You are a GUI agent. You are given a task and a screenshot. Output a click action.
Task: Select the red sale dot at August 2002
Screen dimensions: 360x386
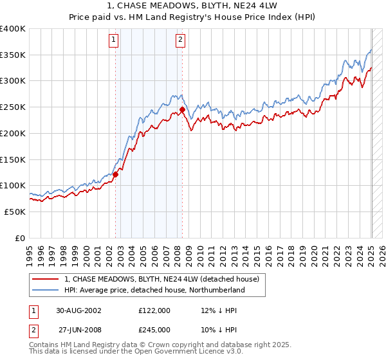click(116, 174)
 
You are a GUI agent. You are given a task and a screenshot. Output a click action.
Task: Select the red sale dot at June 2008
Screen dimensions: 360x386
click(182, 110)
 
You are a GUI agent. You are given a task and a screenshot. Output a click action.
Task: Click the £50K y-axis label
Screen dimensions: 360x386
click(15, 212)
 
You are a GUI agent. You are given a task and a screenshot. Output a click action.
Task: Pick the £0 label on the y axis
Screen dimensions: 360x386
click(21, 238)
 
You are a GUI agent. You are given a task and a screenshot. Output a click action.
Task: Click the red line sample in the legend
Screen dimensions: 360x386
click(46, 280)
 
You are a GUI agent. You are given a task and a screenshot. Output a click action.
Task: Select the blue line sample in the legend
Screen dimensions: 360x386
click(46, 291)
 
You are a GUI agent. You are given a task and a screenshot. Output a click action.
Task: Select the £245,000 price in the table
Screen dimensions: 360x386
click(154, 329)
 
